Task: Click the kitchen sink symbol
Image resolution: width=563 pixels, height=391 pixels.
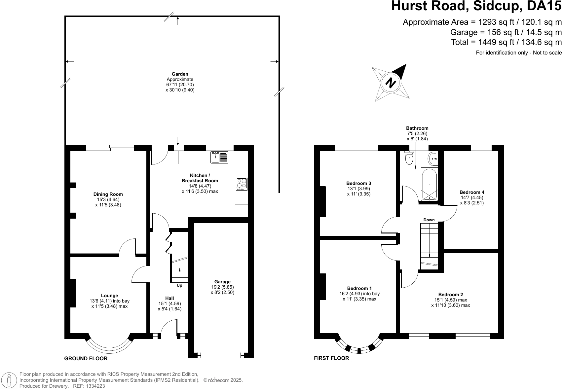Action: tap(219, 157)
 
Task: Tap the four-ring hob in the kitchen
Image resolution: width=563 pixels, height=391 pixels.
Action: tap(242, 184)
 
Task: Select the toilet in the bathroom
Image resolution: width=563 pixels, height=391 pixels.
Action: tap(409, 158)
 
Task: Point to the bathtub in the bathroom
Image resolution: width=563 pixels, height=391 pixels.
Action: tap(429, 184)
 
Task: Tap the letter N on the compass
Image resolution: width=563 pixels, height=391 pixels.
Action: tap(391, 83)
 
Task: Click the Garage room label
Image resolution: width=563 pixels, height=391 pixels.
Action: tap(222, 282)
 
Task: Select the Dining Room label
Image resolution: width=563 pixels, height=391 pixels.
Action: tap(108, 194)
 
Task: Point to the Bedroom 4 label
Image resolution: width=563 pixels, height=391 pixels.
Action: tap(472, 192)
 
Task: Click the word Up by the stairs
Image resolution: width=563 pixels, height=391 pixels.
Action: tap(179, 285)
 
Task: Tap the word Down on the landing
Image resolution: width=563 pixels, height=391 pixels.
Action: tap(429, 220)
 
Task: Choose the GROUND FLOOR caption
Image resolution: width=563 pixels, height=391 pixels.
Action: tap(86, 359)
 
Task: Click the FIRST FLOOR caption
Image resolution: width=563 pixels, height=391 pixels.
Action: tap(331, 358)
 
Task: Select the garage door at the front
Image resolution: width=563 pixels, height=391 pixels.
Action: tap(220, 355)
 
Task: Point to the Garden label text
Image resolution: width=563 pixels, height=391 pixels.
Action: tap(180, 74)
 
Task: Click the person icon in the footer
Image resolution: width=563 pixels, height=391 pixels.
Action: tap(9, 380)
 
